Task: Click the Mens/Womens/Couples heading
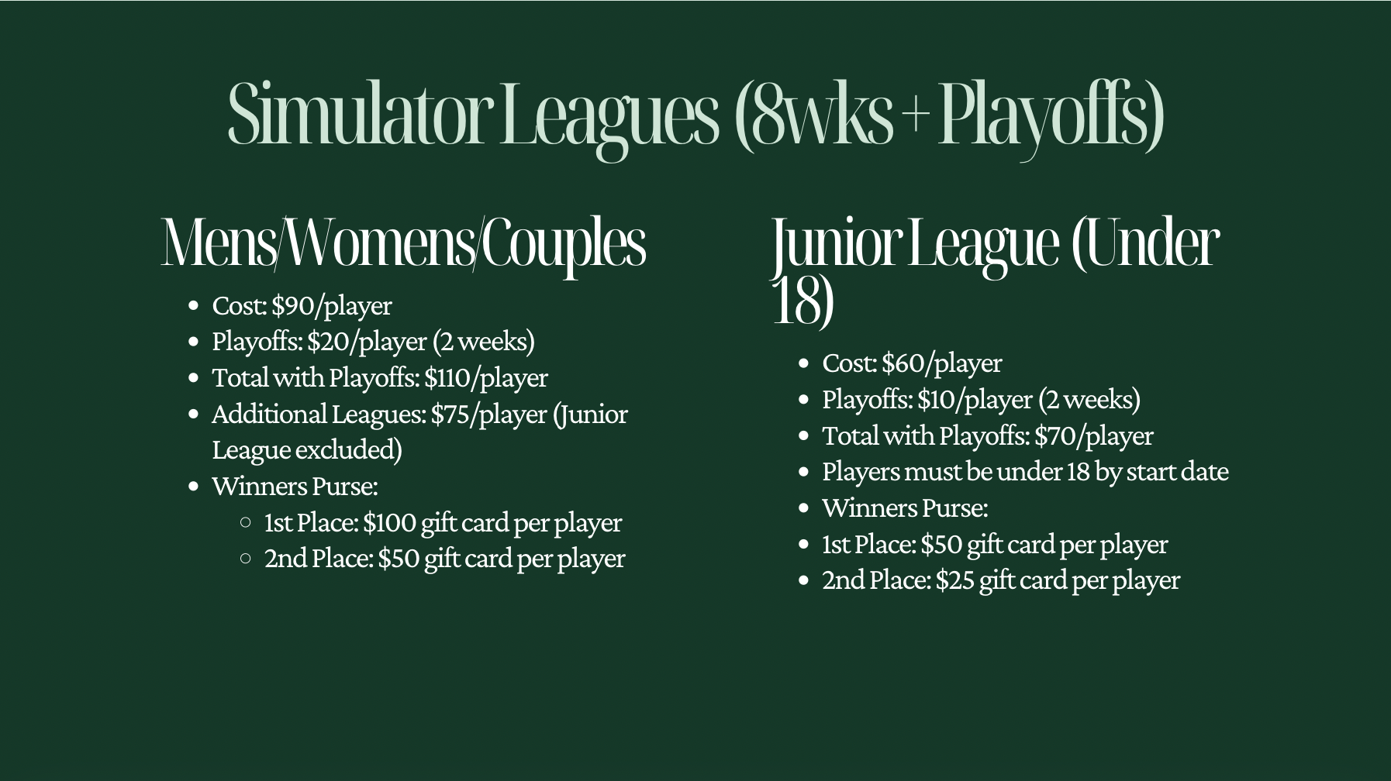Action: pyautogui.click(x=403, y=243)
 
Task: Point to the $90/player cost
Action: pyautogui.click(x=331, y=305)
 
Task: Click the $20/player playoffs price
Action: pyautogui.click(x=367, y=341)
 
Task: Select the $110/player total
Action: pyautogui.click(x=485, y=377)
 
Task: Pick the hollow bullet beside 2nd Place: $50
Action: pyautogui.click(x=246, y=558)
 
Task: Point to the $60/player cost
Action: pyautogui.click(x=941, y=363)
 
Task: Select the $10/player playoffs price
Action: pyautogui.click(x=975, y=399)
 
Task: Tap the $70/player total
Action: pyautogui.click(x=1093, y=435)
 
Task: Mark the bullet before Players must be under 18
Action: pyautogui.click(x=804, y=472)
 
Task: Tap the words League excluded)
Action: pyautogui.click(x=307, y=449)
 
